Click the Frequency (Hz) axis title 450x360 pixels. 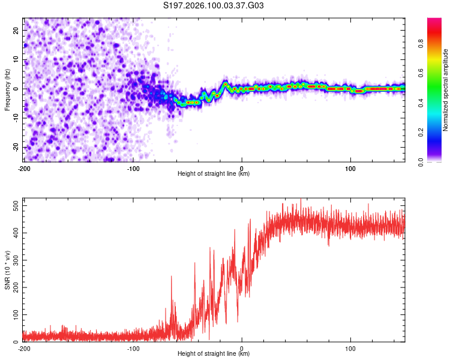(7, 89)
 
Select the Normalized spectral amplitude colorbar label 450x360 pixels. (445, 89)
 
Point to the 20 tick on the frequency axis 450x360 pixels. (16, 30)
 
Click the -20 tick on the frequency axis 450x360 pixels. (15, 147)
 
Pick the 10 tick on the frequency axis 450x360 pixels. (16, 59)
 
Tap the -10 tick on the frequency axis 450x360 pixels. (15, 118)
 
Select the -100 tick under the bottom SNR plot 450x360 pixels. (133, 349)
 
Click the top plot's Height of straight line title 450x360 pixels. (214, 175)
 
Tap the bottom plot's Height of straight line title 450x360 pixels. (214, 355)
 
